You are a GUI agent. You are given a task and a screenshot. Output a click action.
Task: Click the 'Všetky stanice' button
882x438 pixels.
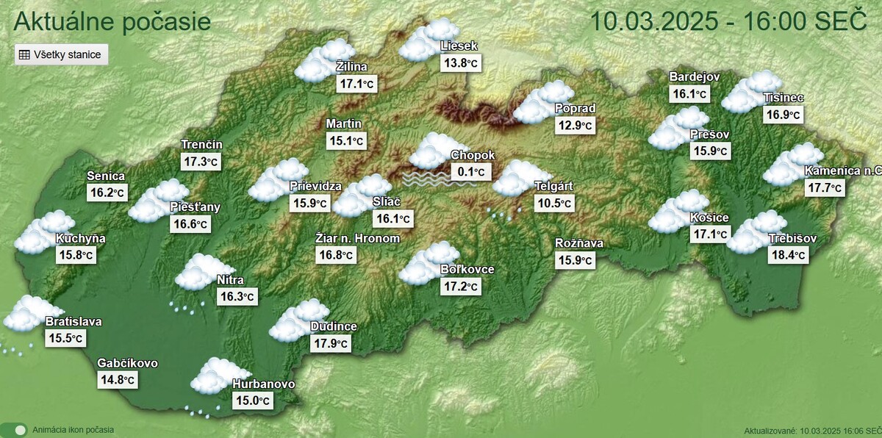pyautogui.click(x=62, y=54)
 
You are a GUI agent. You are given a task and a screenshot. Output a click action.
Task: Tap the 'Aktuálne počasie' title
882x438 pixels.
pyautogui.click(x=112, y=21)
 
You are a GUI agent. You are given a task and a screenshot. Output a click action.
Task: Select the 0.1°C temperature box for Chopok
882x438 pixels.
pyautogui.click(x=470, y=173)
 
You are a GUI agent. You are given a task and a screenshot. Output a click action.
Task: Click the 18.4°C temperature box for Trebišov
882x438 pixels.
pyautogui.click(x=788, y=255)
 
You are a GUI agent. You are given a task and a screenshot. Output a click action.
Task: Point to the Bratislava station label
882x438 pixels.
pyautogui.click(x=73, y=321)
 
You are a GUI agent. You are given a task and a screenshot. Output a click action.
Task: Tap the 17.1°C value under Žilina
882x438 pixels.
pyautogui.click(x=356, y=84)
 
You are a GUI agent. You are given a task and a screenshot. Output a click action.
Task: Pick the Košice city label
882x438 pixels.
pyautogui.click(x=709, y=218)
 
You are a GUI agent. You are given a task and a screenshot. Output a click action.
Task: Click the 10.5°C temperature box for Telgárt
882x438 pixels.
pyautogui.click(x=554, y=203)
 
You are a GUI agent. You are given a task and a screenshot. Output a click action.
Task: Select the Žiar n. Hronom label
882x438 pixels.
pyautogui.click(x=358, y=238)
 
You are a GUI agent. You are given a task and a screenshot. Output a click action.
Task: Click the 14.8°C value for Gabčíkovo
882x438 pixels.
pyautogui.click(x=118, y=380)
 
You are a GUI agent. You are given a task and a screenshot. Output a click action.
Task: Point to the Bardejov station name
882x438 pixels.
pyautogui.click(x=695, y=77)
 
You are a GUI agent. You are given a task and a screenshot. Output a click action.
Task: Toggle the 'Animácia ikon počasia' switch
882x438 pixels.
pyautogui.click(x=15, y=430)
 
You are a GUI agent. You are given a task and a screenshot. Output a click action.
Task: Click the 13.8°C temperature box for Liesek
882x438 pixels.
pyautogui.click(x=460, y=63)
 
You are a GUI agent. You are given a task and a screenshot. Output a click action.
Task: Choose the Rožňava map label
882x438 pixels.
pyautogui.click(x=580, y=243)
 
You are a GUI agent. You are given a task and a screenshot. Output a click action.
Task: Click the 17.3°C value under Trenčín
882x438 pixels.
pyautogui.click(x=200, y=161)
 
